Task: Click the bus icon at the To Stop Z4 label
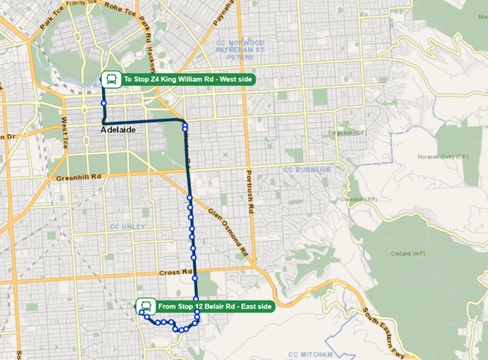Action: [111, 79]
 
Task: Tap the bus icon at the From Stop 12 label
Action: [146, 306]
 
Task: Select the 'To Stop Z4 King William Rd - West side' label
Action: [188, 79]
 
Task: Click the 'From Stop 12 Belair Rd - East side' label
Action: [214, 307]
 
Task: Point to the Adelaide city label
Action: [118, 130]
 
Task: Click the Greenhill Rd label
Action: [79, 177]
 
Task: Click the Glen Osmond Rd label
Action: [227, 232]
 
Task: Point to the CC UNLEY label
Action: [128, 227]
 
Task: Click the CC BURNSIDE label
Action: [307, 170]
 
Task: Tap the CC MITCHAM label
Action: [310, 354]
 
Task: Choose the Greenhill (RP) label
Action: [358, 199]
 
